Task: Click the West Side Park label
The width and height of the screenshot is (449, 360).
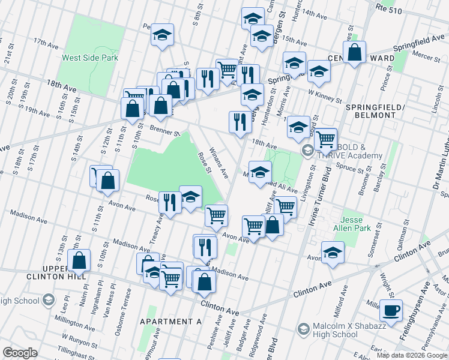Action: [x=90, y=58]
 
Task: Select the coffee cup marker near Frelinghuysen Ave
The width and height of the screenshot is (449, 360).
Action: [x=391, y=311]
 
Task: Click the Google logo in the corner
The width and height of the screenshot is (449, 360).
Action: [x=20, y=353]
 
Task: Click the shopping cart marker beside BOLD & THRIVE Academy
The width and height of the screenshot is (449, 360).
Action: [x=325, y=140]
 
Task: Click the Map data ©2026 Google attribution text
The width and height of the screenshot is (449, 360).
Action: [x=412, y=355]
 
